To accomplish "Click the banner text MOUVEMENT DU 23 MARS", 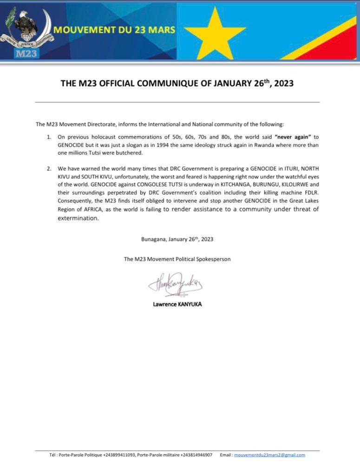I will coord(115,31).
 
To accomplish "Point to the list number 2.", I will coord(49,168).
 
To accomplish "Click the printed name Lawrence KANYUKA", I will coord(177,305).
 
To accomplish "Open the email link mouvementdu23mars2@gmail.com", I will coord(269,455).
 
